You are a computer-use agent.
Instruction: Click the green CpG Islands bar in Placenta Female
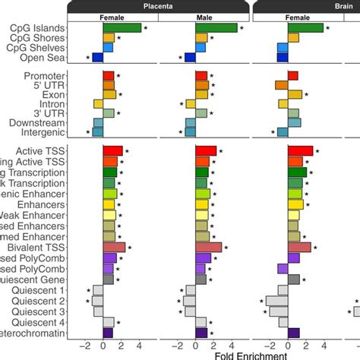122,28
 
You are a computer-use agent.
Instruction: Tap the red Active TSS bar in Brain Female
300,151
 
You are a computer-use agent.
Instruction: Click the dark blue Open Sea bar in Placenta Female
97,57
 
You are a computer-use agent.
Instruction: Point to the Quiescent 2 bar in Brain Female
276,301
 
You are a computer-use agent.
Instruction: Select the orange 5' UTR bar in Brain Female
282,85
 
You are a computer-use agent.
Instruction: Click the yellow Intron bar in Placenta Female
98,103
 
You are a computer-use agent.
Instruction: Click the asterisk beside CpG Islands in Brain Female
328,28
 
